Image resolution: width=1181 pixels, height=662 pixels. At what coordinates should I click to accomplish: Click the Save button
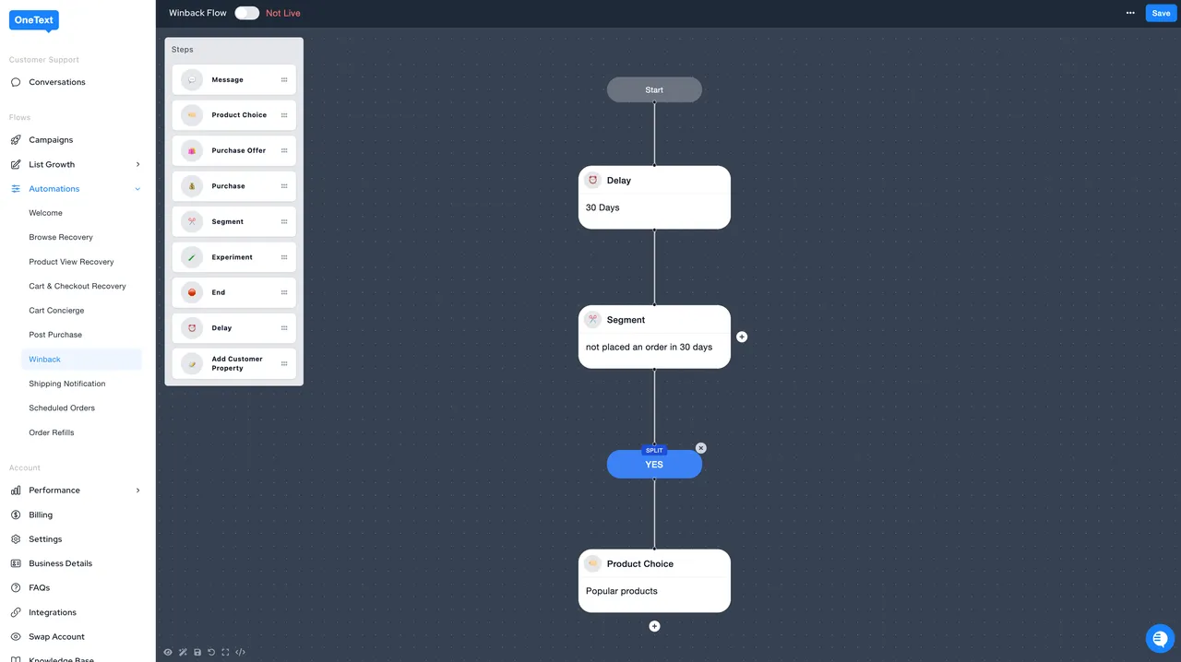[1161, 13]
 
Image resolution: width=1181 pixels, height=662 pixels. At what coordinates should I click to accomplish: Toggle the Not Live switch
[246, 13]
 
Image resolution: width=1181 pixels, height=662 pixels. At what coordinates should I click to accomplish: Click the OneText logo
[34, 20]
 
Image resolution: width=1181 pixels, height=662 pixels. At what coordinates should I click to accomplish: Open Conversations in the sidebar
[57, 82]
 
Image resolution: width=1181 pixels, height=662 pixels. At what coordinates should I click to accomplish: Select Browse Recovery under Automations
[61, 237]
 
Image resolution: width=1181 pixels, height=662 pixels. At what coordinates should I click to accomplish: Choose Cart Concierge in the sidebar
[56, 311]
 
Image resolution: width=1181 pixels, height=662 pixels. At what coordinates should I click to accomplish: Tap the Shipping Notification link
[67, 384]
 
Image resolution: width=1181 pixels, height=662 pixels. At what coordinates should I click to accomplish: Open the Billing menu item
[41, 515]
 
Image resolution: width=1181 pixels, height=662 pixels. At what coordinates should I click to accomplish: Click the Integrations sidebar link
[53, 612]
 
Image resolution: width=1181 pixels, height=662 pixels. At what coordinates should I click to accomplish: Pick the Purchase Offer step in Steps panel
[234, 150]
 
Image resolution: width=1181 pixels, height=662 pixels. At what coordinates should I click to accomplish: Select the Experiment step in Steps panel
[234, 257]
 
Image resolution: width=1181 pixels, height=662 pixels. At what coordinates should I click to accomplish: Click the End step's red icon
[192, 292]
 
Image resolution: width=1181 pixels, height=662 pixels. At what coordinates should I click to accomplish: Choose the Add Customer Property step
[234, 363]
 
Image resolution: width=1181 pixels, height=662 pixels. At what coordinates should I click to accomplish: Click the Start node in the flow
[654, 90]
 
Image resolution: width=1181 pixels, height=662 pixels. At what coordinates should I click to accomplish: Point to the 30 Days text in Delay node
[602, 207]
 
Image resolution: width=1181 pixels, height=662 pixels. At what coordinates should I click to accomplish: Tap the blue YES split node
[654, 465]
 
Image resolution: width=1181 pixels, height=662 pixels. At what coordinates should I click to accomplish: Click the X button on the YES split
[700, 448]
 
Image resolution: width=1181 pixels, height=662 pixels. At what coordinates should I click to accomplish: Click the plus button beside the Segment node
[742, 337]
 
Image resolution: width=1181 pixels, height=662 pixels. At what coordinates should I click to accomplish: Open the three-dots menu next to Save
[1130, 13]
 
